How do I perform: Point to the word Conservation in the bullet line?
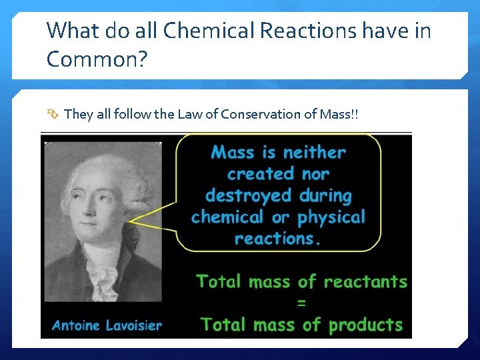pos(261,114)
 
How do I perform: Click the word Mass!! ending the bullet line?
pos(338,114)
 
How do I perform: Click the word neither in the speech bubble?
pos(314,153)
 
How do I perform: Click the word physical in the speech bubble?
pos(331,217)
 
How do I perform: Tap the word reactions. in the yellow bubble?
pos(277,239)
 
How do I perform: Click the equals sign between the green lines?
pos(301,303)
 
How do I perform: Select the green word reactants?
pos(365,282)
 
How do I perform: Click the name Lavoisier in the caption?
pos(132,326)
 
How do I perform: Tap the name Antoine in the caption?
pos(75,326)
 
